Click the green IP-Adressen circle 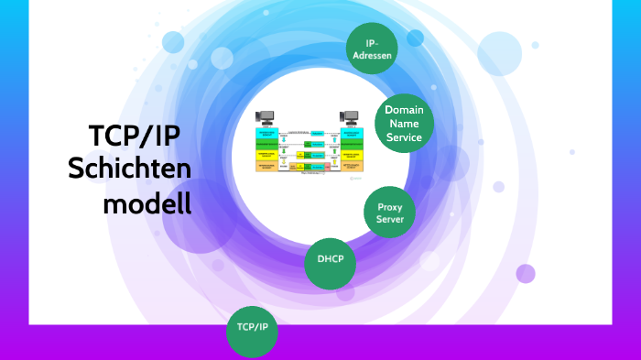click(372, 48)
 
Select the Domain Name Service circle click(404, 124)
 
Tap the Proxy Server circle click(390, 213)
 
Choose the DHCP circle click(331, 259)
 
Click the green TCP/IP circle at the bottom click(252, 327)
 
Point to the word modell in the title click(147, 203)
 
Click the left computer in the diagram click(266, 118)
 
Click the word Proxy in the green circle click(390, 207)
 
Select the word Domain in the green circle click(404, 110)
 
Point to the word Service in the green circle click(404, 137)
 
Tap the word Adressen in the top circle click(372, 55)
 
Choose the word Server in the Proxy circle click(390, 220)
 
